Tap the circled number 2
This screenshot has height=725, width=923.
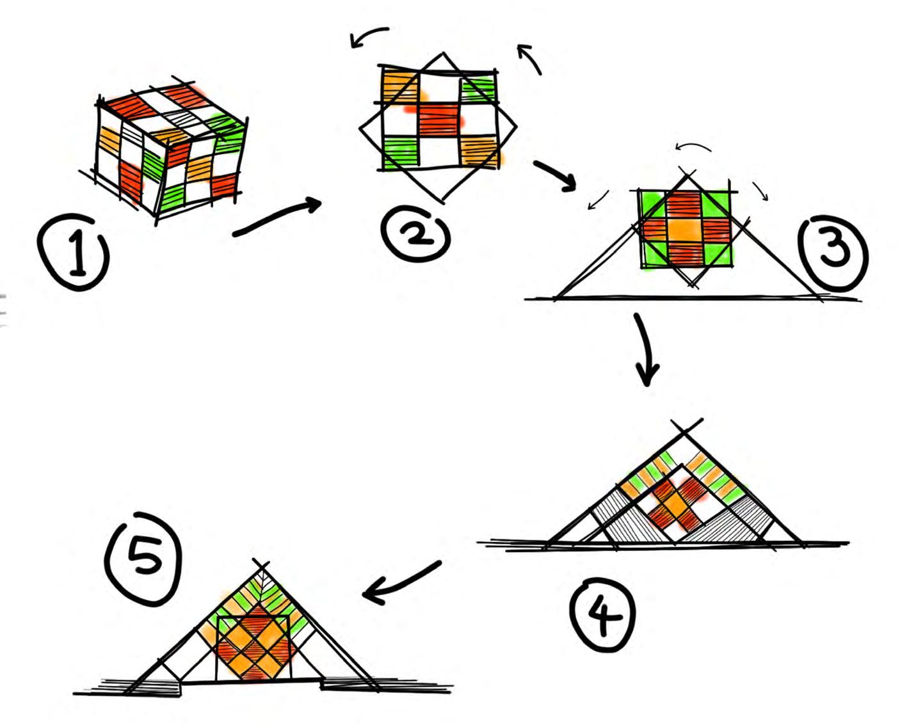416,235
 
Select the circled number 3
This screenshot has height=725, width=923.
833,252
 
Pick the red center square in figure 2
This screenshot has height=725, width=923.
439,120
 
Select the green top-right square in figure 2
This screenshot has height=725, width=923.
478,88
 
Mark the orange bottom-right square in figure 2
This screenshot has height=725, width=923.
478,152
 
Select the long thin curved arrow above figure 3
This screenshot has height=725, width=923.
694,148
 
